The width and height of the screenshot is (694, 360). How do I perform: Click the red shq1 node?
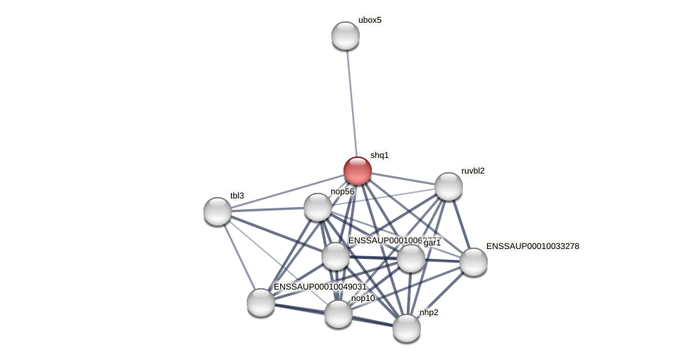click(x=358, y=171)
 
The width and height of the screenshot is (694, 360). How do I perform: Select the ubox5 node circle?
click(x=346, y=36)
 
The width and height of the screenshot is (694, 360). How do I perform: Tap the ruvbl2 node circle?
click(x=449, y=186)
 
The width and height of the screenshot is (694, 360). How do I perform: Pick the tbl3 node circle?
click(x=218, y=211)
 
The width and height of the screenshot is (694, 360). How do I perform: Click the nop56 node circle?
click(x=318, y=207)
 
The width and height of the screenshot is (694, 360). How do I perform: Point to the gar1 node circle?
click(x=411, y=258)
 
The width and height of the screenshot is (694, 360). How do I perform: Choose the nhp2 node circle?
click(x=407, y=328)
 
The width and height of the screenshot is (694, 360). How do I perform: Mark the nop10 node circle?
click(x=338, y=314)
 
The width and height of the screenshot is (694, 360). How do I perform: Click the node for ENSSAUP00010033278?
click(x=474, y=262)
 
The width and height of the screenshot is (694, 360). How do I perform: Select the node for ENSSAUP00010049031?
click(x=261, y=302)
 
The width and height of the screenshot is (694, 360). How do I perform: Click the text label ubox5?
click(x=370, y=20)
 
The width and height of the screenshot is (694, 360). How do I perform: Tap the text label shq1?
click(x=380, y=155)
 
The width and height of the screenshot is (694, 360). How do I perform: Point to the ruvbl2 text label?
click(x=473, y=171)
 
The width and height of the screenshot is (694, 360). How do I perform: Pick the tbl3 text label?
click(x=237, y=196)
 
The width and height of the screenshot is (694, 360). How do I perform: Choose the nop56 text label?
click(x=342, y=191)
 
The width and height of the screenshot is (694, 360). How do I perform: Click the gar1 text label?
click(x=432, y=243)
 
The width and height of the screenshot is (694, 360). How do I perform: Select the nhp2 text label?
click(x=429, y=312)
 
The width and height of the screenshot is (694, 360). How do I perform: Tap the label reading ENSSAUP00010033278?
click(x=533, y=246)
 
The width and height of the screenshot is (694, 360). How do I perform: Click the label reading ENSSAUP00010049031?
click(x=320, y=287)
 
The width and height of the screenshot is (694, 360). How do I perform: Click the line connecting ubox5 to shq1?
click(x=351, y=100)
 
